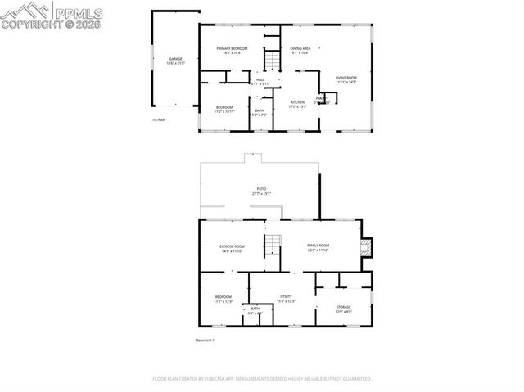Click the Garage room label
click(x=176, y=61)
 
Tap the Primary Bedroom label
click(x=233, y=51)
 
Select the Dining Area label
click(x=300, y=51)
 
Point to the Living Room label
click(x=346, y=79)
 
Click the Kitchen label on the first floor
click(x=297, y=104)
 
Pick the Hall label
click(x=260, y=81)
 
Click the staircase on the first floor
click(x=271, y=59)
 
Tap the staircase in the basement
click(x=272, y=245)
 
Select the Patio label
click(x=261, y=191)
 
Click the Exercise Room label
click(x=232, y=248)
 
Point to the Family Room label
click(x=318, y=248)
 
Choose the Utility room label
click(x=286, y=299)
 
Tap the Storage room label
click(x=343, y=309)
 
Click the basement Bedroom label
click(x=224, y=299)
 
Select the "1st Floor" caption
click(x=158, y=120)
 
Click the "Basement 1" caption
click(x=205, y=340)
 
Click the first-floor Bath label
click(x=260, y=112)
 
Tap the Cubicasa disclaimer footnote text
click(x=262, y=379)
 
